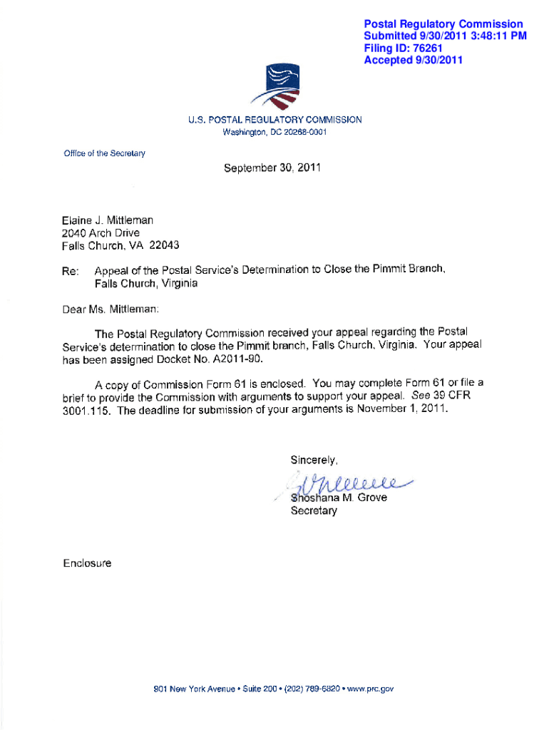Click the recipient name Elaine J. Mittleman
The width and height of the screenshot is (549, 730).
tap(107, 221)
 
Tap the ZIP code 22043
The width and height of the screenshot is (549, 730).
tap(164, 245)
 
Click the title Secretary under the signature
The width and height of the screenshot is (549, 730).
tap(314, 511)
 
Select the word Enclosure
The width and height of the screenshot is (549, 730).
tap(86, 563)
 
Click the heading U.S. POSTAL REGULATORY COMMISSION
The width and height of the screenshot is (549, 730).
tap(274, 120)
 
